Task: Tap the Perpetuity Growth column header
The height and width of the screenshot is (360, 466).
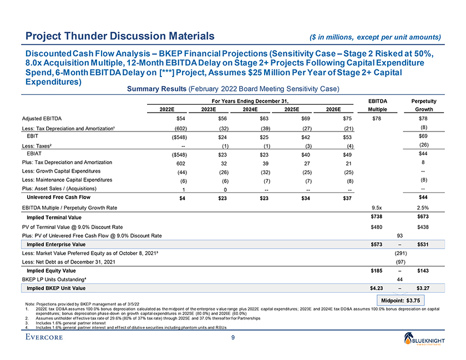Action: (423, 105)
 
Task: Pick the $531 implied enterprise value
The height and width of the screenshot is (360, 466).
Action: (423, 244)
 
